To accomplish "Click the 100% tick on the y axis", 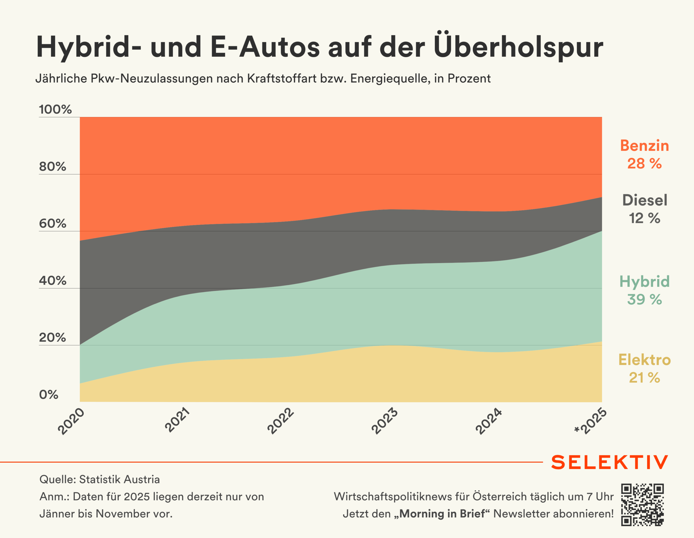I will pos(55,109).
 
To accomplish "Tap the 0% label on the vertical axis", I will pos(49,394).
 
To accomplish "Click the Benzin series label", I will pos(644,146).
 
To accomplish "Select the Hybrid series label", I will pos(644,282).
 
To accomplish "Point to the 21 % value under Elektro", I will pos(644,378).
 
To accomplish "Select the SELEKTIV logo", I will pos(609,462).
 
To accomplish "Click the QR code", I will pos(642,505).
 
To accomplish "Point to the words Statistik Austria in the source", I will pos(120,479).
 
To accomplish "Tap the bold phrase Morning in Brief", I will pos(442,514).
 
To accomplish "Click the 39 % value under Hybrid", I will pos(644,300).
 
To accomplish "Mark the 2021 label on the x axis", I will pos(177,420).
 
